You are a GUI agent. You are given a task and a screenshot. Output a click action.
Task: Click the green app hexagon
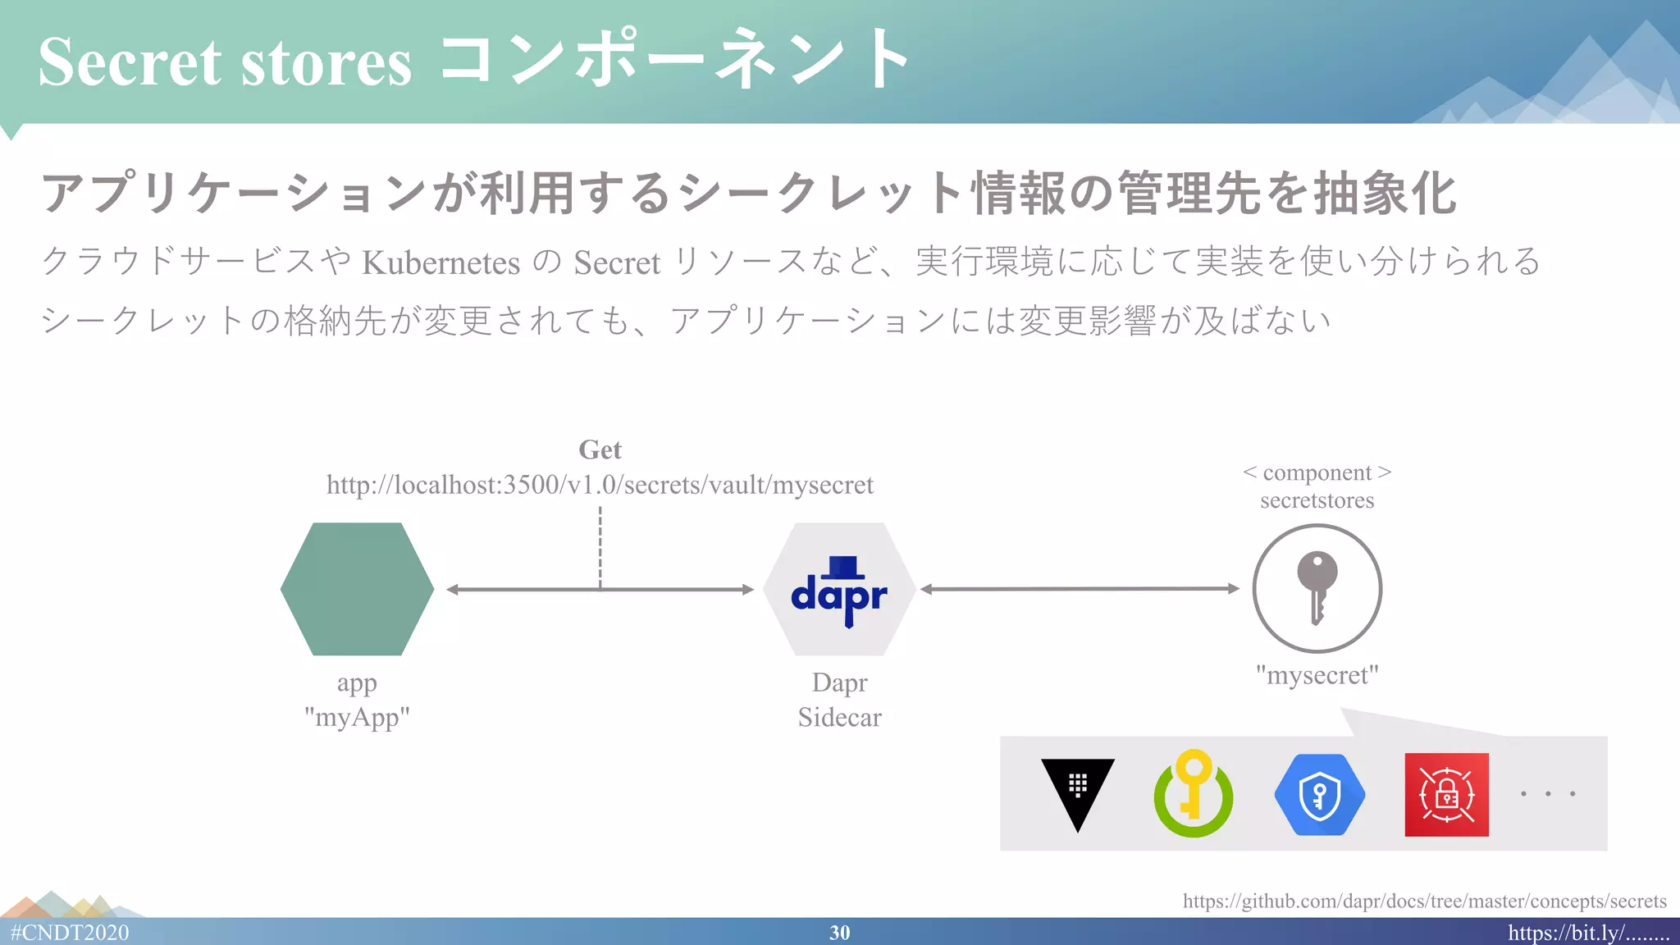tap(357, 589)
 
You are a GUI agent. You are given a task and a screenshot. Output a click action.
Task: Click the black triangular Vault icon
tap(1077, 792)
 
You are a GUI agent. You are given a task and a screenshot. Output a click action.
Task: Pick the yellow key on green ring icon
tap(1194, 794)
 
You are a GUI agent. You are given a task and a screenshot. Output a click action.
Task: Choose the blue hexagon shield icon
tap(1319, 794)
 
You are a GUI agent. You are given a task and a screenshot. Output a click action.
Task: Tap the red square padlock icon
tap(1446, 794)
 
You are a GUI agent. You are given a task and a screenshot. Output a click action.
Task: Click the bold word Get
tap(600, 450)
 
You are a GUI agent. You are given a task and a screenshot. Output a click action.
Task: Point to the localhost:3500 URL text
tap(600, 485)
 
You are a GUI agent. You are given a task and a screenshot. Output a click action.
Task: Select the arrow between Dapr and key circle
tap(1079, 588)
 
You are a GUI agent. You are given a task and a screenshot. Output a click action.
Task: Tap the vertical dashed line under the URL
tap(600, 546)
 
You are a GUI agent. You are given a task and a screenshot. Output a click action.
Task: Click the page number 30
tap(839, 933)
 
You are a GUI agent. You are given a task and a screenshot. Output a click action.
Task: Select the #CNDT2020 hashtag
tap(70, 933)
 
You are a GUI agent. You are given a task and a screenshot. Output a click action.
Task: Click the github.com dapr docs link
tap(1424, 901)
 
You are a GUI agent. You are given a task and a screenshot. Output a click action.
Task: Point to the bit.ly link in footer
tap(1588, 933)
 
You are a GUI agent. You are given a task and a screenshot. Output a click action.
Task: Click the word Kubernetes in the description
tap(441, 262)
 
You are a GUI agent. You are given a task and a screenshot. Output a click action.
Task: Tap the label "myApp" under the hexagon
tap(357, 717)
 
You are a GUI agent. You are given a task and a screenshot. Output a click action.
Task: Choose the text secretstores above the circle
tap(1317, 500)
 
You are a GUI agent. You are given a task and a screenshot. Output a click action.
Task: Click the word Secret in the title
tap(130, 62)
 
